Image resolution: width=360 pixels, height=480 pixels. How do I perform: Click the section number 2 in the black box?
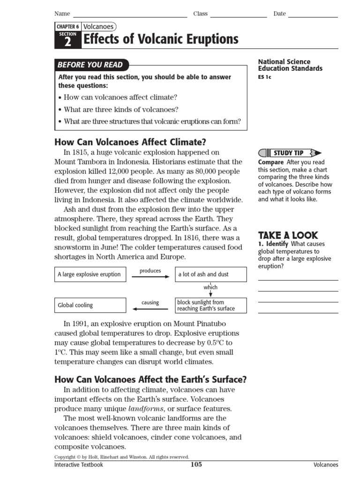click(67, 42)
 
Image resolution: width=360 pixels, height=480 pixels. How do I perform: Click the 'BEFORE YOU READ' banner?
click(90, 65)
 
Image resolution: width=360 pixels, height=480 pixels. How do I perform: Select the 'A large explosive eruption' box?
click(90, 274)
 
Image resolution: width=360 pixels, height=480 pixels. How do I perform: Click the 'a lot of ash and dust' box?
click(210, 274)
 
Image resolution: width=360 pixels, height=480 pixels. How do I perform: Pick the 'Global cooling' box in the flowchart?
click(90, 305)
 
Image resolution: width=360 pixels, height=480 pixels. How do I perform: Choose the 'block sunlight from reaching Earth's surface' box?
click(210, 305)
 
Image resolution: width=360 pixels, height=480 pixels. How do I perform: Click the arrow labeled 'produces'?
click(150, 277)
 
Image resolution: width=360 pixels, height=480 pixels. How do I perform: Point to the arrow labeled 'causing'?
click(150, 308)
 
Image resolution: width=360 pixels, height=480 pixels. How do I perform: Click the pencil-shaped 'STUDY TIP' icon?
click(290, 153)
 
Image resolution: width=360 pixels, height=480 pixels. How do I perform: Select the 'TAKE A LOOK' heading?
click(288, 235)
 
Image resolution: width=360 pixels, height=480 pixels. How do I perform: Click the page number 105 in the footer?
click(196, 465)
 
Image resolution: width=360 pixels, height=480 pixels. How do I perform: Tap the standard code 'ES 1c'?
click(264, 77)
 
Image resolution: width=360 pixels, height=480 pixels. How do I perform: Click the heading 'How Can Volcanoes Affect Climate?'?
click(130, 142)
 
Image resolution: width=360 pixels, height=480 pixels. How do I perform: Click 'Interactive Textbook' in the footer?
click(79, 465)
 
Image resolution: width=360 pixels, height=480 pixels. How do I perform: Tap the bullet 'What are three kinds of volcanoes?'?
click(118, 110)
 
